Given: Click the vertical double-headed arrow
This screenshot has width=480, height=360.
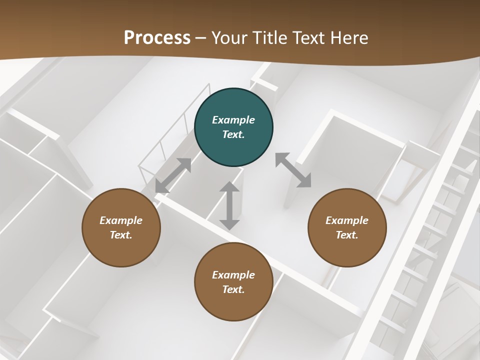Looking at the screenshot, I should tap(229, 205).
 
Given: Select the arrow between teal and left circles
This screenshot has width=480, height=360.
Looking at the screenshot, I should tap(173, 175).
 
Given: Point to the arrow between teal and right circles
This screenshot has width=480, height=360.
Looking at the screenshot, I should tap(293, 170).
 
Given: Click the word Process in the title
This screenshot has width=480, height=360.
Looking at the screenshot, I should tap(157, 37).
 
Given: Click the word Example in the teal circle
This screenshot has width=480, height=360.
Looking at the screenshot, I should tap(233, 120).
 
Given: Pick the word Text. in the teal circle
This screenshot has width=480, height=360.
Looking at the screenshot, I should tap(233, 134).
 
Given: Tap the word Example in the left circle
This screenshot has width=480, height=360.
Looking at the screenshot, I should tap(121, 220).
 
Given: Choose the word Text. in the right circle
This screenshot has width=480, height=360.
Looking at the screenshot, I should tap(347, 235).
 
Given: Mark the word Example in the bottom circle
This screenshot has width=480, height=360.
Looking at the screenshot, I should tap(233, 275).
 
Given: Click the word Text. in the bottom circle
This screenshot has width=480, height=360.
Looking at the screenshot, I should tap(233, 289).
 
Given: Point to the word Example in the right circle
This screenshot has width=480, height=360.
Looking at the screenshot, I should tap(347, 220).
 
